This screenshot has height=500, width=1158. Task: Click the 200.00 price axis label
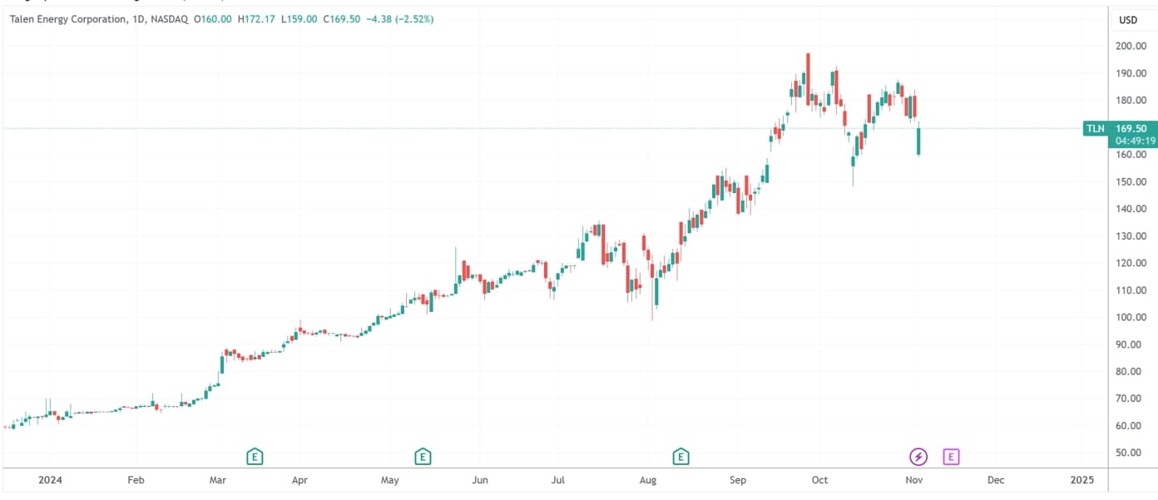[1131, 47]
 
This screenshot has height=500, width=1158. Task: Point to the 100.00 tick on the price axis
[1131, 318]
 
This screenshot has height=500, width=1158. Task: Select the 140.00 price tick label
[1131, 209]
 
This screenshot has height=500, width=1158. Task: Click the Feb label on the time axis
[136, 480]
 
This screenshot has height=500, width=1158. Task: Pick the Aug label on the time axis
[649, 480]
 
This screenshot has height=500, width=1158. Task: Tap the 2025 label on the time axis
[1081, 480]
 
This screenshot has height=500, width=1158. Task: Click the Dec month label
[995, 480]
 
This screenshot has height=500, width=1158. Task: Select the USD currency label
[1128, 20]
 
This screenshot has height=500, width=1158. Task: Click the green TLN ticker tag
[1096, 129]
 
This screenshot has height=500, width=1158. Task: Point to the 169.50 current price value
[1131, 129]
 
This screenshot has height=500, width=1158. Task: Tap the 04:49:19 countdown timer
[1131, 141]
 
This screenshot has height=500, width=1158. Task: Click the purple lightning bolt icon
[918, 456]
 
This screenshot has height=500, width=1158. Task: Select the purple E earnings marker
[952, 456]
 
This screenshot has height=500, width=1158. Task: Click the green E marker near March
[255, 456]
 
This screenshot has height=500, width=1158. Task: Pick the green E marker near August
[681, 456]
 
